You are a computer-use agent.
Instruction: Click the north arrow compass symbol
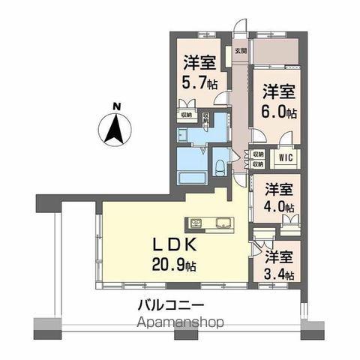pyautogui.click(x=115, y=129)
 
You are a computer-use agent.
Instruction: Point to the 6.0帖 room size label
pyautogui.click(x=278, y=113)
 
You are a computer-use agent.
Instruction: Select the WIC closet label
pyautogui.click(x=286, y=158)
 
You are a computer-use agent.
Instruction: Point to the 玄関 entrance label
pyautogui.click(x=239, y=52)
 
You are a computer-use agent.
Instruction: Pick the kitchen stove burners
pyautogui.click(x=196, y=223)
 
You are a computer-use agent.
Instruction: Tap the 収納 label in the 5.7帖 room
pyautogui.click(x=186, y=115)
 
